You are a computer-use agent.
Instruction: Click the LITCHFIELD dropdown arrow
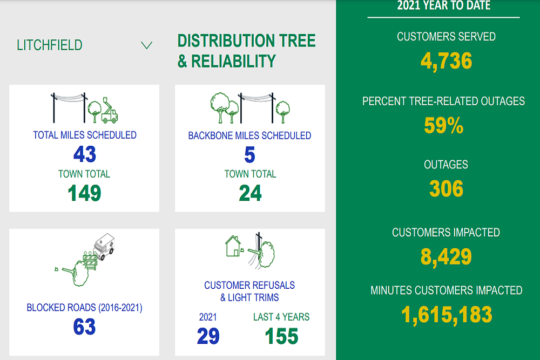[147, 45]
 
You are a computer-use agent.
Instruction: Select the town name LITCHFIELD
[50, 45]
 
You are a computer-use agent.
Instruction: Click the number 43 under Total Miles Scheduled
[85, 154]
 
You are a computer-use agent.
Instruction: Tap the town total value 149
[84, 193]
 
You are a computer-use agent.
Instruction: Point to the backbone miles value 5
[249, 154]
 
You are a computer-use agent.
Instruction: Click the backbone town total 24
[251, 193]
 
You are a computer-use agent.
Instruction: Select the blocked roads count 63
[84, 327]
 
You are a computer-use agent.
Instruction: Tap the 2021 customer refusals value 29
[208, 336]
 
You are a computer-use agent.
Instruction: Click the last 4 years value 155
[281, 336]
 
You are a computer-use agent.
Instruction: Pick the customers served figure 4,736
[447, 61]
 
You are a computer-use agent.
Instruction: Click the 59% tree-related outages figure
[444, 125]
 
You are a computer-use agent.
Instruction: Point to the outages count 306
[447, 188]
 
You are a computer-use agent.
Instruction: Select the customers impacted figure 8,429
[447, 257]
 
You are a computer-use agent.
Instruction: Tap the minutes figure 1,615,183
[447, 315]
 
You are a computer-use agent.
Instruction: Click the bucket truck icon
[109, 110]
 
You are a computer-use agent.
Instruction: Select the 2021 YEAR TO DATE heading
[444, 5]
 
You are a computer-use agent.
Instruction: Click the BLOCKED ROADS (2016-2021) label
[84, 307]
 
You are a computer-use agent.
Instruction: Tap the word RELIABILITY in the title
[233, 62]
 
